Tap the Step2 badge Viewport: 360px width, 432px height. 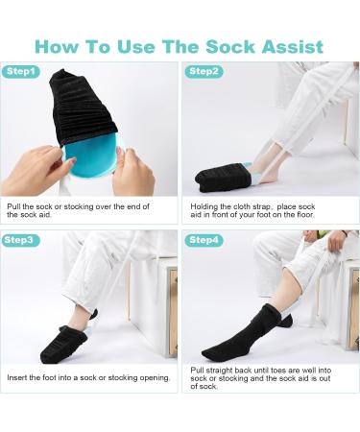click(x=204, y=71)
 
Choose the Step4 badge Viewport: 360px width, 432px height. click(x=204, y=240)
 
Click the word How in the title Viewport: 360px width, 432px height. click(x=59, y=45)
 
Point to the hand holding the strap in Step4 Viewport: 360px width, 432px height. click(x=335, y=241)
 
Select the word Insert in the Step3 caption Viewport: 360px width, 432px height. click(x=17, y=377)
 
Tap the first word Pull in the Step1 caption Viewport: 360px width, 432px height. click(x=15, y=204)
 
